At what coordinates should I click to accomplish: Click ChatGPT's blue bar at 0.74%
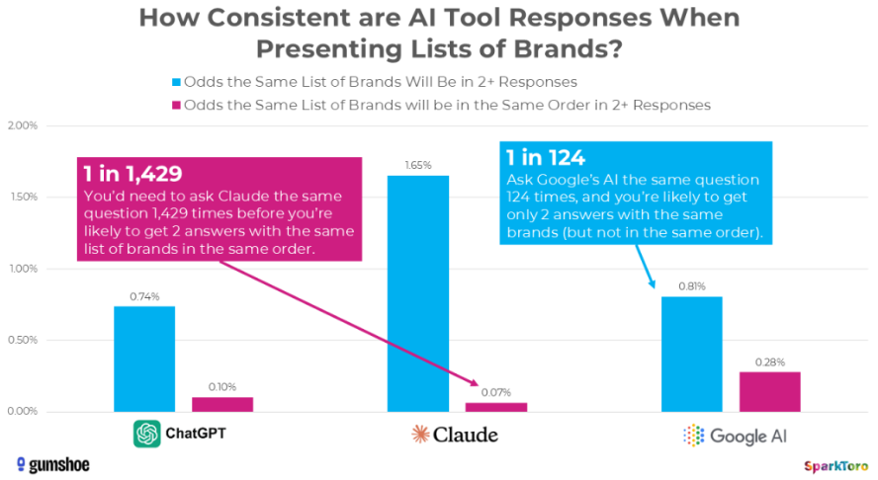144,359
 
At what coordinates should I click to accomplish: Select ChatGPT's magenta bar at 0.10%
222,404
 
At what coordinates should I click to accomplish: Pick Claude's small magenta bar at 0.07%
496,407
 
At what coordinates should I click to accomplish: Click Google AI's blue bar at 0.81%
691,354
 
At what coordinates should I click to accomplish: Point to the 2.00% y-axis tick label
22,126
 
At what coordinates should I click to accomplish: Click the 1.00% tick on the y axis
22,269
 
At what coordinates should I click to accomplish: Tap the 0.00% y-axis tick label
22,412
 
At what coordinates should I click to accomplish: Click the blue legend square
177,81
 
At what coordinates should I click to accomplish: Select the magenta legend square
177,104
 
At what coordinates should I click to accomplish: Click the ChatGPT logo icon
147,434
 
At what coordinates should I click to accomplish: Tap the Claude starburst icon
420,434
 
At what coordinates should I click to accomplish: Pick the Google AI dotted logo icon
695,435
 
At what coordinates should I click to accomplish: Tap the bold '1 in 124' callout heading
546,157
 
